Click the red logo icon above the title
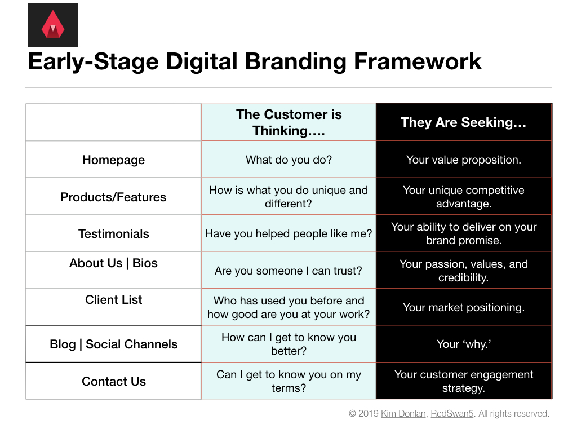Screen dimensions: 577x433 coord(53,25)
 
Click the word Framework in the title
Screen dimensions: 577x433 coord(418,61)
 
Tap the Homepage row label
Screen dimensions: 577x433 coord(114,160)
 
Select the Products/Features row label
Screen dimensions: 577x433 coord(113,197)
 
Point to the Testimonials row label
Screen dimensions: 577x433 coord(114,234)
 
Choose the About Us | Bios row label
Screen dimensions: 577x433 coord(113,263)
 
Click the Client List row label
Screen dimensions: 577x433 coord(113,300)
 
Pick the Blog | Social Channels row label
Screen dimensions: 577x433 coord(114,344)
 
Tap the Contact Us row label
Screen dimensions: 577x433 coord(114,382)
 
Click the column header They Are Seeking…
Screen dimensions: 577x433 coord(463,122)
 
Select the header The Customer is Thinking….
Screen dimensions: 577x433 coord(289,122)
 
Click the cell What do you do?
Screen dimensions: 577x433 coord(289,160)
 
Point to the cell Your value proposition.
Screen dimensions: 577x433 coord(464,160)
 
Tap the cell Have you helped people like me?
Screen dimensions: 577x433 coord(289,233)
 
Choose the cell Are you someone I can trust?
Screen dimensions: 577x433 coord(288,271)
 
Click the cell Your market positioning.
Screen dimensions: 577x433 coord(464,307)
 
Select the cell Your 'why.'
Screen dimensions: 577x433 coord(464,344)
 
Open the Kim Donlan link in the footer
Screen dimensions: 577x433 coord(403,413)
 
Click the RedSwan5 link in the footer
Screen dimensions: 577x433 coord(452,413)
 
